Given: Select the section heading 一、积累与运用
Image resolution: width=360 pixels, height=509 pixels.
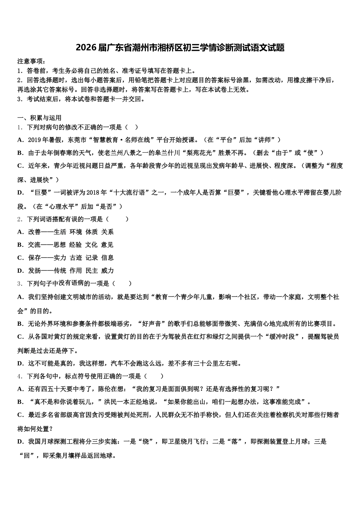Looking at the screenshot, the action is click(39, 118).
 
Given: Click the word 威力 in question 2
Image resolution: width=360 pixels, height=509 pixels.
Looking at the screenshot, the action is click(107, 270).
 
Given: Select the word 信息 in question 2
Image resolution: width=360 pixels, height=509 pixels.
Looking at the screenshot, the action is click(107, 258).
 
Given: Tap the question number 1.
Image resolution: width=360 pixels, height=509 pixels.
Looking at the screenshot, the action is click(19, 127).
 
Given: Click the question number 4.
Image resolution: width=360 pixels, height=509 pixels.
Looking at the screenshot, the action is click(19, 376).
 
